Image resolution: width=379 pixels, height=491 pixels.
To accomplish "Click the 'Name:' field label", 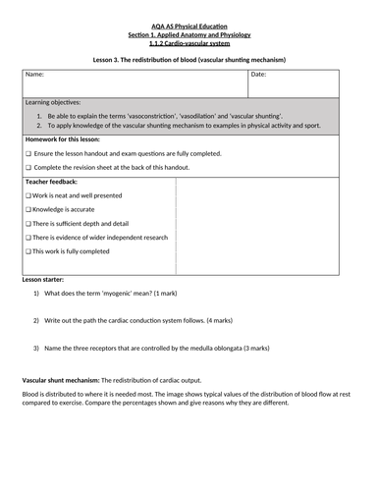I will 34,75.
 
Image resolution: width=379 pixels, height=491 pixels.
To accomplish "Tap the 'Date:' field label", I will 258,75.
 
